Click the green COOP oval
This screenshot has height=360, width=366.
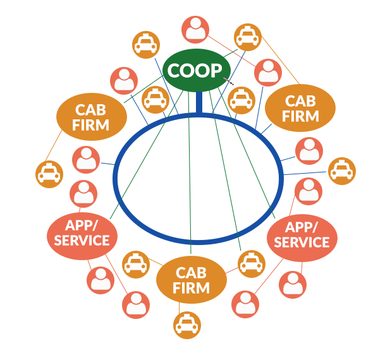196,70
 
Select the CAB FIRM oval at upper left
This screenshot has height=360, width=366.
92,117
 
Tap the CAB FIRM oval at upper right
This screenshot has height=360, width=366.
300,107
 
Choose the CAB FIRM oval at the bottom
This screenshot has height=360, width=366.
191,280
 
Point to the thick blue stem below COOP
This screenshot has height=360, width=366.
199,103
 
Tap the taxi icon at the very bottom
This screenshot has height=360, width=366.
187,326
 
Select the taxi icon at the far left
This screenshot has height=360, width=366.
49,174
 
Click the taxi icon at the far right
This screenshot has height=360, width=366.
342,171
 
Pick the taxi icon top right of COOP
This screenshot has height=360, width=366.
247,37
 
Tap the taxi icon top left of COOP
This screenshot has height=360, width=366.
146,45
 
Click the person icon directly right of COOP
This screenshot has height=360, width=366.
268,73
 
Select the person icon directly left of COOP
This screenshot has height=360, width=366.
124,81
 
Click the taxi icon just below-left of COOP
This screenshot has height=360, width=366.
156,99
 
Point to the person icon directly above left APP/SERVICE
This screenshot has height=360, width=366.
83,194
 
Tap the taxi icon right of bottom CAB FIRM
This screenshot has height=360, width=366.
252,263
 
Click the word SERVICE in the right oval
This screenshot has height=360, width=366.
302,243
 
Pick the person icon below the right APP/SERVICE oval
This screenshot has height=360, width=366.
292,285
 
